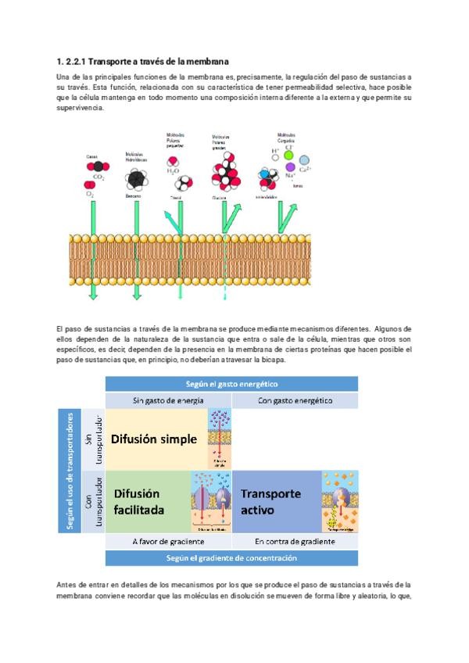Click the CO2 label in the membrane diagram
(98, 177)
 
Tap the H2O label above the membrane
(174, 173)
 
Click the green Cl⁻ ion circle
(288, 155)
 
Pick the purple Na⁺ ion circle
(290, 167)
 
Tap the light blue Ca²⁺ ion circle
(305, 160)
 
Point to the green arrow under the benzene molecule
(138, 250)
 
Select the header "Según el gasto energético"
(231, 384)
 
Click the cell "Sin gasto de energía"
(168, 400)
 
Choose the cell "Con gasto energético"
(294, 400)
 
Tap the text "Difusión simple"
(154, 439)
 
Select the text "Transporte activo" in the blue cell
(270, 502)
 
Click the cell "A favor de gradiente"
(168, 541)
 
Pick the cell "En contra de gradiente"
(294, 541)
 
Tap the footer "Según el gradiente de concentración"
(231, 558)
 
